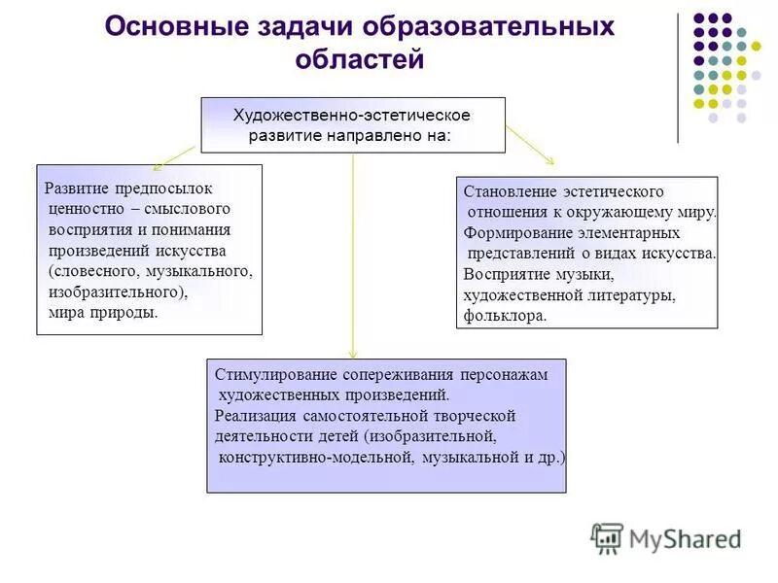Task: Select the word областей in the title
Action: point(360,59)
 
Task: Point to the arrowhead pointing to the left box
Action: point(158,166)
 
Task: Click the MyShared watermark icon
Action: point(607,537)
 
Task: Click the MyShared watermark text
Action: point(685,539)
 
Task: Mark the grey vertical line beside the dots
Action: point(677,78)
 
